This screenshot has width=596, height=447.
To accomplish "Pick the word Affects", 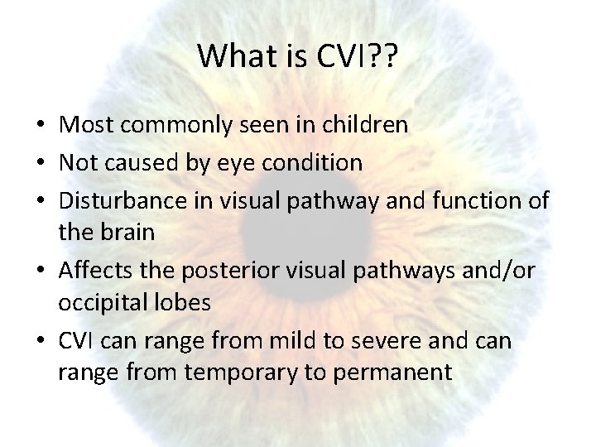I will tap(93, 269).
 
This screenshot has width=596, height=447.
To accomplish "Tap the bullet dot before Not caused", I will tap(43, 163).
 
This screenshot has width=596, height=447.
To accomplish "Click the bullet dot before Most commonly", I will tap(43, 127).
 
